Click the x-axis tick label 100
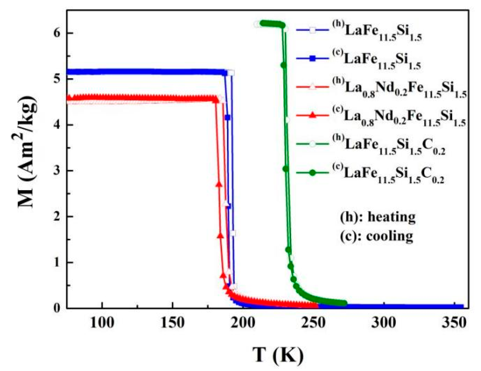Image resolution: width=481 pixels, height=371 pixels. point(102,323)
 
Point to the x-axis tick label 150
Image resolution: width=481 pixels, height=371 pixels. point(173,323)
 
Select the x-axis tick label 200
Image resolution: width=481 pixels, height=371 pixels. point(243,323)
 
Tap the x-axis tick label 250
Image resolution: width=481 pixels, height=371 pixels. point(314,323)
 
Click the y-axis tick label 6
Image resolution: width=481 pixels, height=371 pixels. point(57,33)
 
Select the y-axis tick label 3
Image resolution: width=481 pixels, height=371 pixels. point(57,171)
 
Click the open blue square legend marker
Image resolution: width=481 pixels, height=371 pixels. point(312,30)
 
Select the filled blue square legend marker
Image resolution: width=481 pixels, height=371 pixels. point(312,59)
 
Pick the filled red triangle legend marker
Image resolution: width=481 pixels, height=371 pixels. point(312,115)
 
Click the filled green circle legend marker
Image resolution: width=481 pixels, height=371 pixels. point(312,173)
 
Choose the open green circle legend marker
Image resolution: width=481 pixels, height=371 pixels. point(312,144)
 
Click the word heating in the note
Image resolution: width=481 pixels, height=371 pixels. point(392,217)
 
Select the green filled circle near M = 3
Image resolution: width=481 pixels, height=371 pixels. point(285,169)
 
